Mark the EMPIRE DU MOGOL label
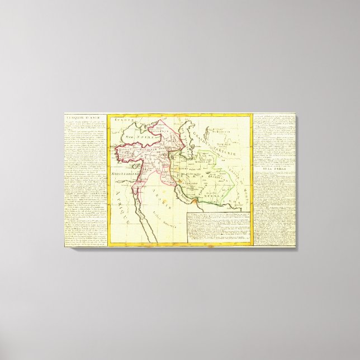241,179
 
